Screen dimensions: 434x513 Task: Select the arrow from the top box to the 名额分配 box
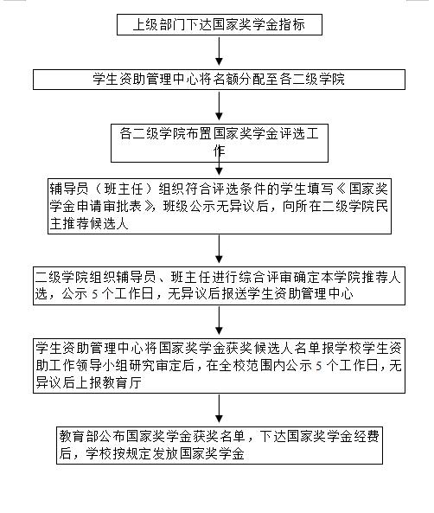click(219, 51)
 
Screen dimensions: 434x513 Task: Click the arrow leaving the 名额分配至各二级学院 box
click(219, 106)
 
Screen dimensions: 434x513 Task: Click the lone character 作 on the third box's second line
click(219, 151)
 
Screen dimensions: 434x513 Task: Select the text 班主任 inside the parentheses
click(124, 189)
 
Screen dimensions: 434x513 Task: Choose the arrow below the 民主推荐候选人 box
click(219, 249)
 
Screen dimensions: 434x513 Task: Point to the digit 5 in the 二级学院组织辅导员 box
click(95, 294)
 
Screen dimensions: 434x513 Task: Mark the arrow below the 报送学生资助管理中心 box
click(219, 320)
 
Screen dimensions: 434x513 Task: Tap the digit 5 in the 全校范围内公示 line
click(319, 366)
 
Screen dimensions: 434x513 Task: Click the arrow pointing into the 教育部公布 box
click(219, 408)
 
